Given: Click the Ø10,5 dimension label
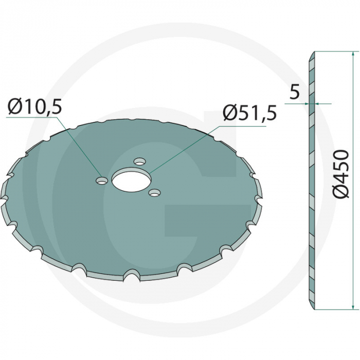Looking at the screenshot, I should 35,107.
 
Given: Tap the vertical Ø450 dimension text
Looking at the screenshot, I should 341,174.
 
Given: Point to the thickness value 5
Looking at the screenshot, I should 295,93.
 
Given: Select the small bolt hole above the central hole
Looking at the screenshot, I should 138,162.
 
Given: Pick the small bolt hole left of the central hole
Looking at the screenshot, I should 102,181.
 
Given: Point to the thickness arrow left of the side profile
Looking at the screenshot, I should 305,103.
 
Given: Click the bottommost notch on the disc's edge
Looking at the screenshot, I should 125,279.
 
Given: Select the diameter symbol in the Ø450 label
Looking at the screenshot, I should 341,191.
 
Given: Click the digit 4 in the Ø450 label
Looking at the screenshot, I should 341,178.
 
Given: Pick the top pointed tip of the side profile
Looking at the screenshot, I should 312,52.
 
